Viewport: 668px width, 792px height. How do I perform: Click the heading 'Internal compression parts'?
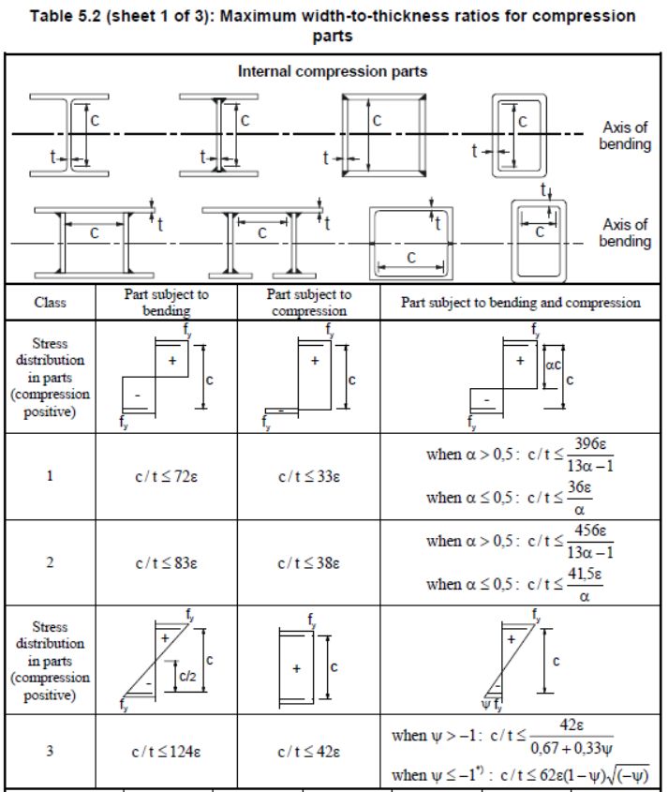pos(333,70)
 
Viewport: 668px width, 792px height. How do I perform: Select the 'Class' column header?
pos(50,303)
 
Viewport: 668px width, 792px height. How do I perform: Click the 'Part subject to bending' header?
pos(166,302)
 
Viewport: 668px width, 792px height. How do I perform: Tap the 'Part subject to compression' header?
pos(308,302)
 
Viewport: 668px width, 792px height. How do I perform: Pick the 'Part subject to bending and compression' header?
pos(521,303)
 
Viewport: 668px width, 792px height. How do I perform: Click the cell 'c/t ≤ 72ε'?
pos(166,476)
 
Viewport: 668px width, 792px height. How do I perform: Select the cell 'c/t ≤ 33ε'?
pos(308,476)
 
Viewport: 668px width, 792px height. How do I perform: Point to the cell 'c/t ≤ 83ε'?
pos(166,564)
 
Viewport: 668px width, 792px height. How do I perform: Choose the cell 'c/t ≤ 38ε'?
pos(308,564)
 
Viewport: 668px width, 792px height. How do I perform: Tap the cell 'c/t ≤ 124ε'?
pos(166,752)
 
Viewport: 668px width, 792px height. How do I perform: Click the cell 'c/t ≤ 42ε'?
pos(308,752)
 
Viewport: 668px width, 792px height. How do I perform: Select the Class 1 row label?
pos(50,476)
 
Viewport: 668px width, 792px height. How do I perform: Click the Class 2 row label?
pos(50,564)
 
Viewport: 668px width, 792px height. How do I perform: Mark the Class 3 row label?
pos(50,752)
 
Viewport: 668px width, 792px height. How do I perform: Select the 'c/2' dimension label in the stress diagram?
pos(187,673)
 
